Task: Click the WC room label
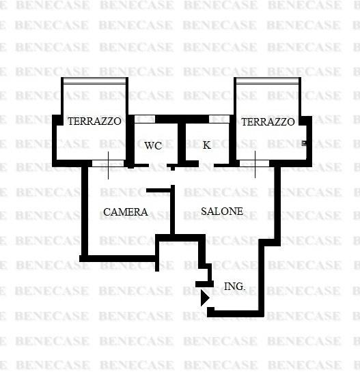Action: (x=153, y=145)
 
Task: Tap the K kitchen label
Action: (x=206, y=145)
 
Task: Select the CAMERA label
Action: (x=126, y=212)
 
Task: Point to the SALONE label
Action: (x=222, y=212)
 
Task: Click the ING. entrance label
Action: (x=234, y=287)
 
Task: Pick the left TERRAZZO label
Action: (x=94, y=121)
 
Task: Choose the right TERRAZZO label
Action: (x=268, y=121)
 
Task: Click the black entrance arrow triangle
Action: (x=205, y=298)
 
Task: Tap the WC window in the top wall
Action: (x=145, y=119)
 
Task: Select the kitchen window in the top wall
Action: (x=219, y=119)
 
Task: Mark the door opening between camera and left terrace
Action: (x=108, y=163)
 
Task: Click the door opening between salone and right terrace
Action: (x=254, y=163)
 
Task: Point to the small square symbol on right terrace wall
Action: (x=304, y=143)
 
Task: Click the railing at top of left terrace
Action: (x=94, y=81)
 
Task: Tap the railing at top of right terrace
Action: (x=267, y=81)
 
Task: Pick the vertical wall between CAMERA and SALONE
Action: (x=173, y=209)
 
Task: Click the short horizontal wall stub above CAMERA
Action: (x=158, y=190)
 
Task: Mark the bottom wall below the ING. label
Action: (x=236, y=314)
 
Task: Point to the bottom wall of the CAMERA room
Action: (x=117, y=259)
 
